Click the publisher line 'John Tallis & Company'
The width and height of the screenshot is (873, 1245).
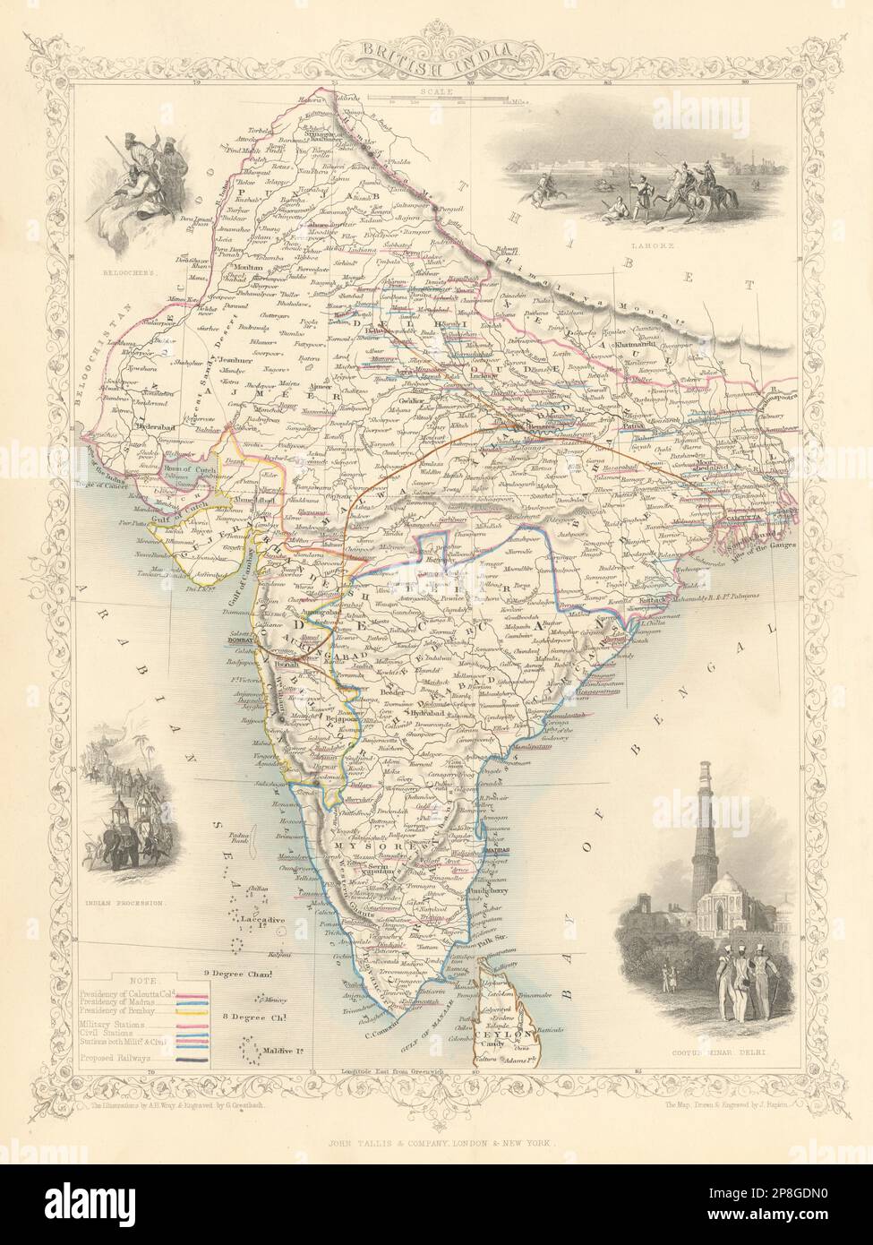436,1119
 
